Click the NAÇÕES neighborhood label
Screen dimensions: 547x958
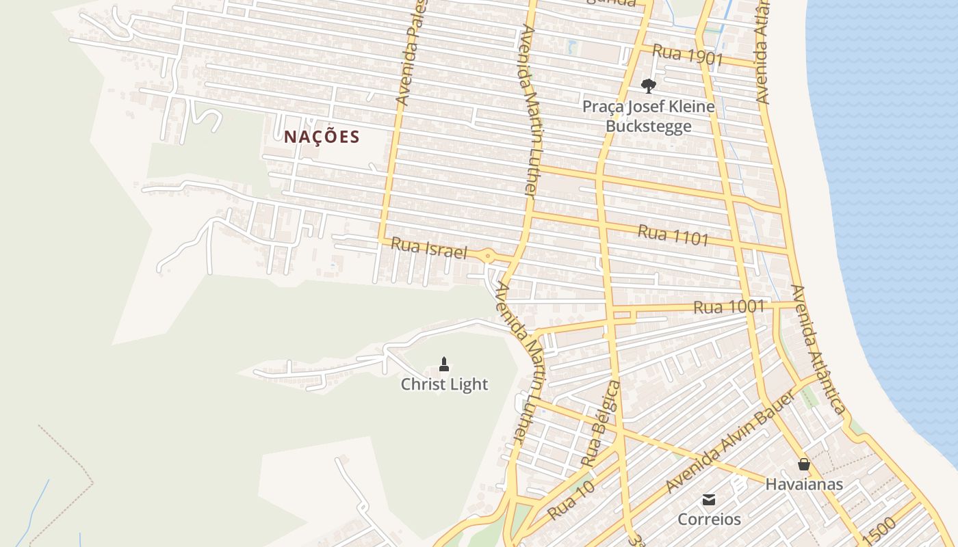(322, 137)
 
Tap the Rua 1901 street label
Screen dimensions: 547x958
(687, 55)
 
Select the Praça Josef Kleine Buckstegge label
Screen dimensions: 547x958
(648, 116)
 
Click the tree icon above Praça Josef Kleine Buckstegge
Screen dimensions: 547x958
(648, 86)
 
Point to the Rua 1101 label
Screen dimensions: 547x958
(673, 235)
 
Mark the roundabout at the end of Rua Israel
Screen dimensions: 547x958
(488, 256)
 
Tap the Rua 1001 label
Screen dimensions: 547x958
(729, 307)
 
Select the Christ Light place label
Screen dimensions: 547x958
(444, 384)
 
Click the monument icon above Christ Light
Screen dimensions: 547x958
(444, 364)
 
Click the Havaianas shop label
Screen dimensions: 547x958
(804, 484)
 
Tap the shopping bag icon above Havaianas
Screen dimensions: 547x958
(804, 464)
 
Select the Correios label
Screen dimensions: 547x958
(709, 519)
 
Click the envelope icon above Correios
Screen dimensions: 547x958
(709, 499)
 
